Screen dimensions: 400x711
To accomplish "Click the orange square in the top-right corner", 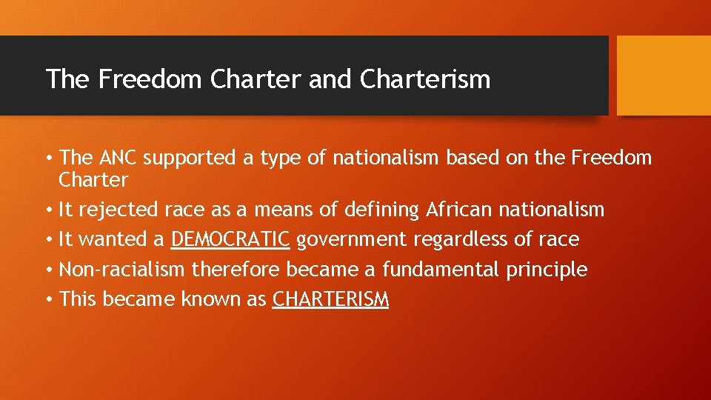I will tap(664, 76).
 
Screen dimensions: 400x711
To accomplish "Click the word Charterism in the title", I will tap(425, 79).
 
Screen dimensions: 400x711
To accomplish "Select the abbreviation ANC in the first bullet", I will tap(118, 158).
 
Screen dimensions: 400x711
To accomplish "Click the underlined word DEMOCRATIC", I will tap(230, 239).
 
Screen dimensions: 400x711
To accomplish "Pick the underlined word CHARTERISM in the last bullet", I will tap(330, 299).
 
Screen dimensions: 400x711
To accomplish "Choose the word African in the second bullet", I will tap(458, 210).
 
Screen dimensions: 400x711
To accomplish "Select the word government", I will tap(351, 240).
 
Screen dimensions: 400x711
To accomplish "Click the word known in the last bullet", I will tap(204, 299).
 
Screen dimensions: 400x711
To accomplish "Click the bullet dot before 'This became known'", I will tap(49, 299).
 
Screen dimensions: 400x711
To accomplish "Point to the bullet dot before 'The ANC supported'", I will tap(49, 158).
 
